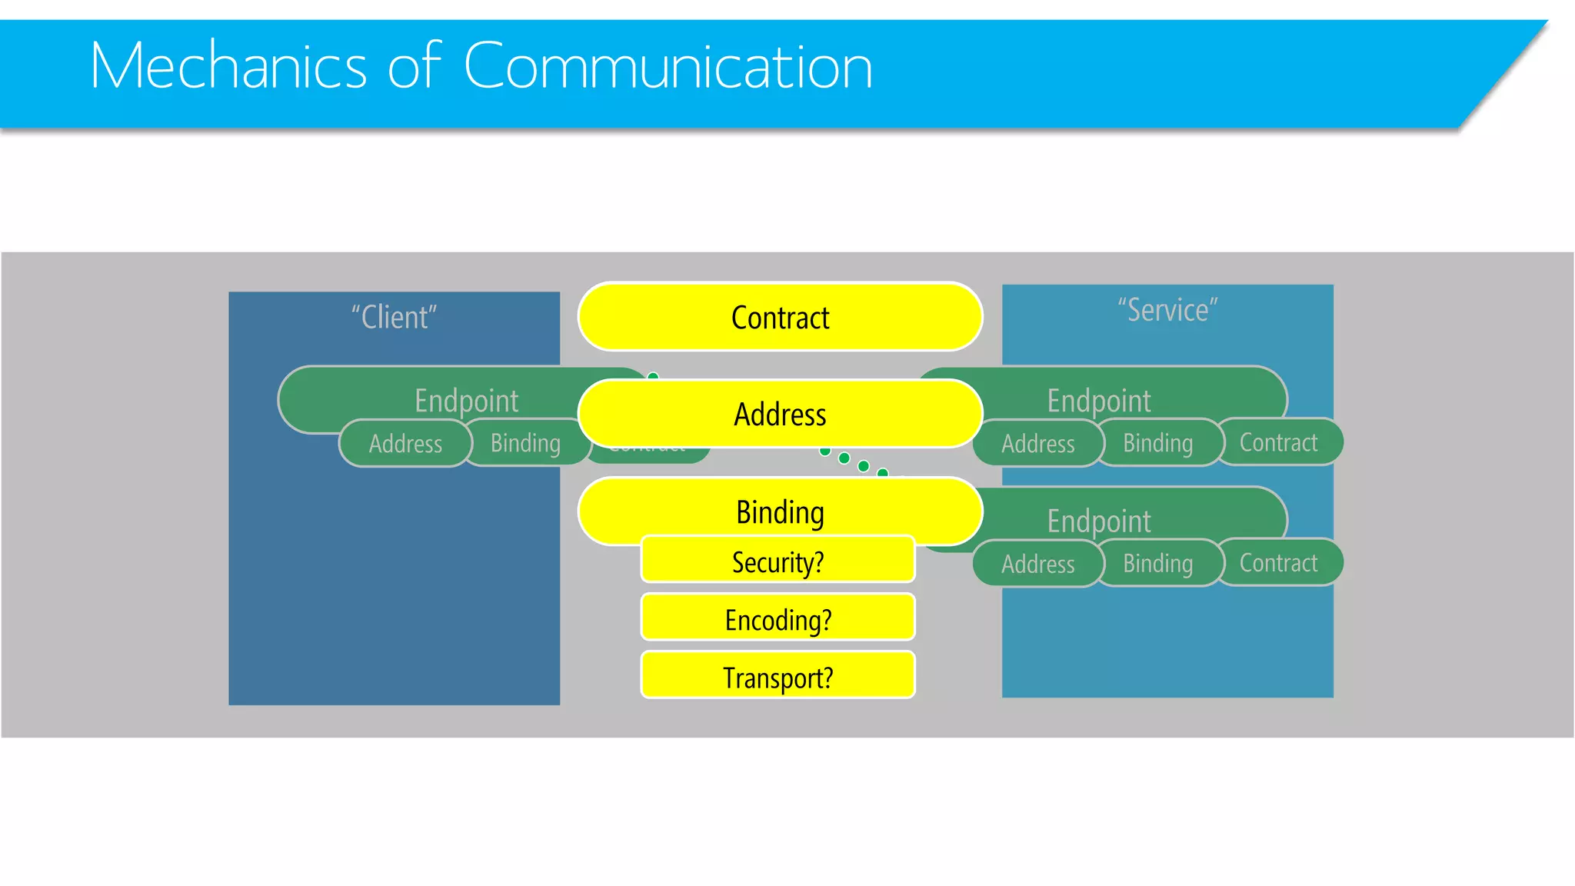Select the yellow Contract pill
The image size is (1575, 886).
click(x=780, y=318)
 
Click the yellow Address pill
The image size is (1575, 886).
click(x=780, y=415)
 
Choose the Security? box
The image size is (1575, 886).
click(x=778, y=561)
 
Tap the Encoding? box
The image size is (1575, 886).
click(x=778, y=618)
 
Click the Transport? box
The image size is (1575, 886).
click(x=778, y=676)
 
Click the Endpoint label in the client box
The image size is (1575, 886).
click(x=466, y=401)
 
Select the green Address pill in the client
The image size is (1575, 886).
click(x=405, y=444)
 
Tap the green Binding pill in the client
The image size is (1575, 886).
click(x=525, y=443)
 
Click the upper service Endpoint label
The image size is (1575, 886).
click(x=1098, y=401)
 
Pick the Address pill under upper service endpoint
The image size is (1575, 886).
click(x=1037, y=444)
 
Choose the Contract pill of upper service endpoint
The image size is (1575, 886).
click(x=1278, y=442)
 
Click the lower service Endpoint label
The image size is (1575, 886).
click(x=1098, y=521)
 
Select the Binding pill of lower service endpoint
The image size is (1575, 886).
click(x=1157, y=563)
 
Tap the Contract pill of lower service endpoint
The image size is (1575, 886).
click(x=1278, y=563)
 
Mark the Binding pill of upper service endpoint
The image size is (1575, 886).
click(x=1157, y=443)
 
